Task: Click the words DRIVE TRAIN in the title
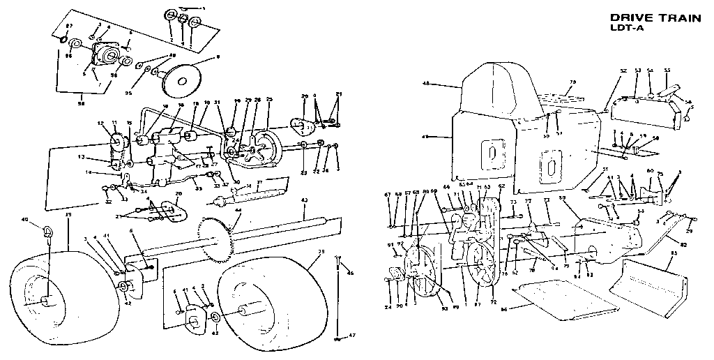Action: point(655,19)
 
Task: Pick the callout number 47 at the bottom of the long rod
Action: point(352,336)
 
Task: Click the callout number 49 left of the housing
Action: point(426,137)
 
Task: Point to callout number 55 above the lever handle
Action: point(667,70)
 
